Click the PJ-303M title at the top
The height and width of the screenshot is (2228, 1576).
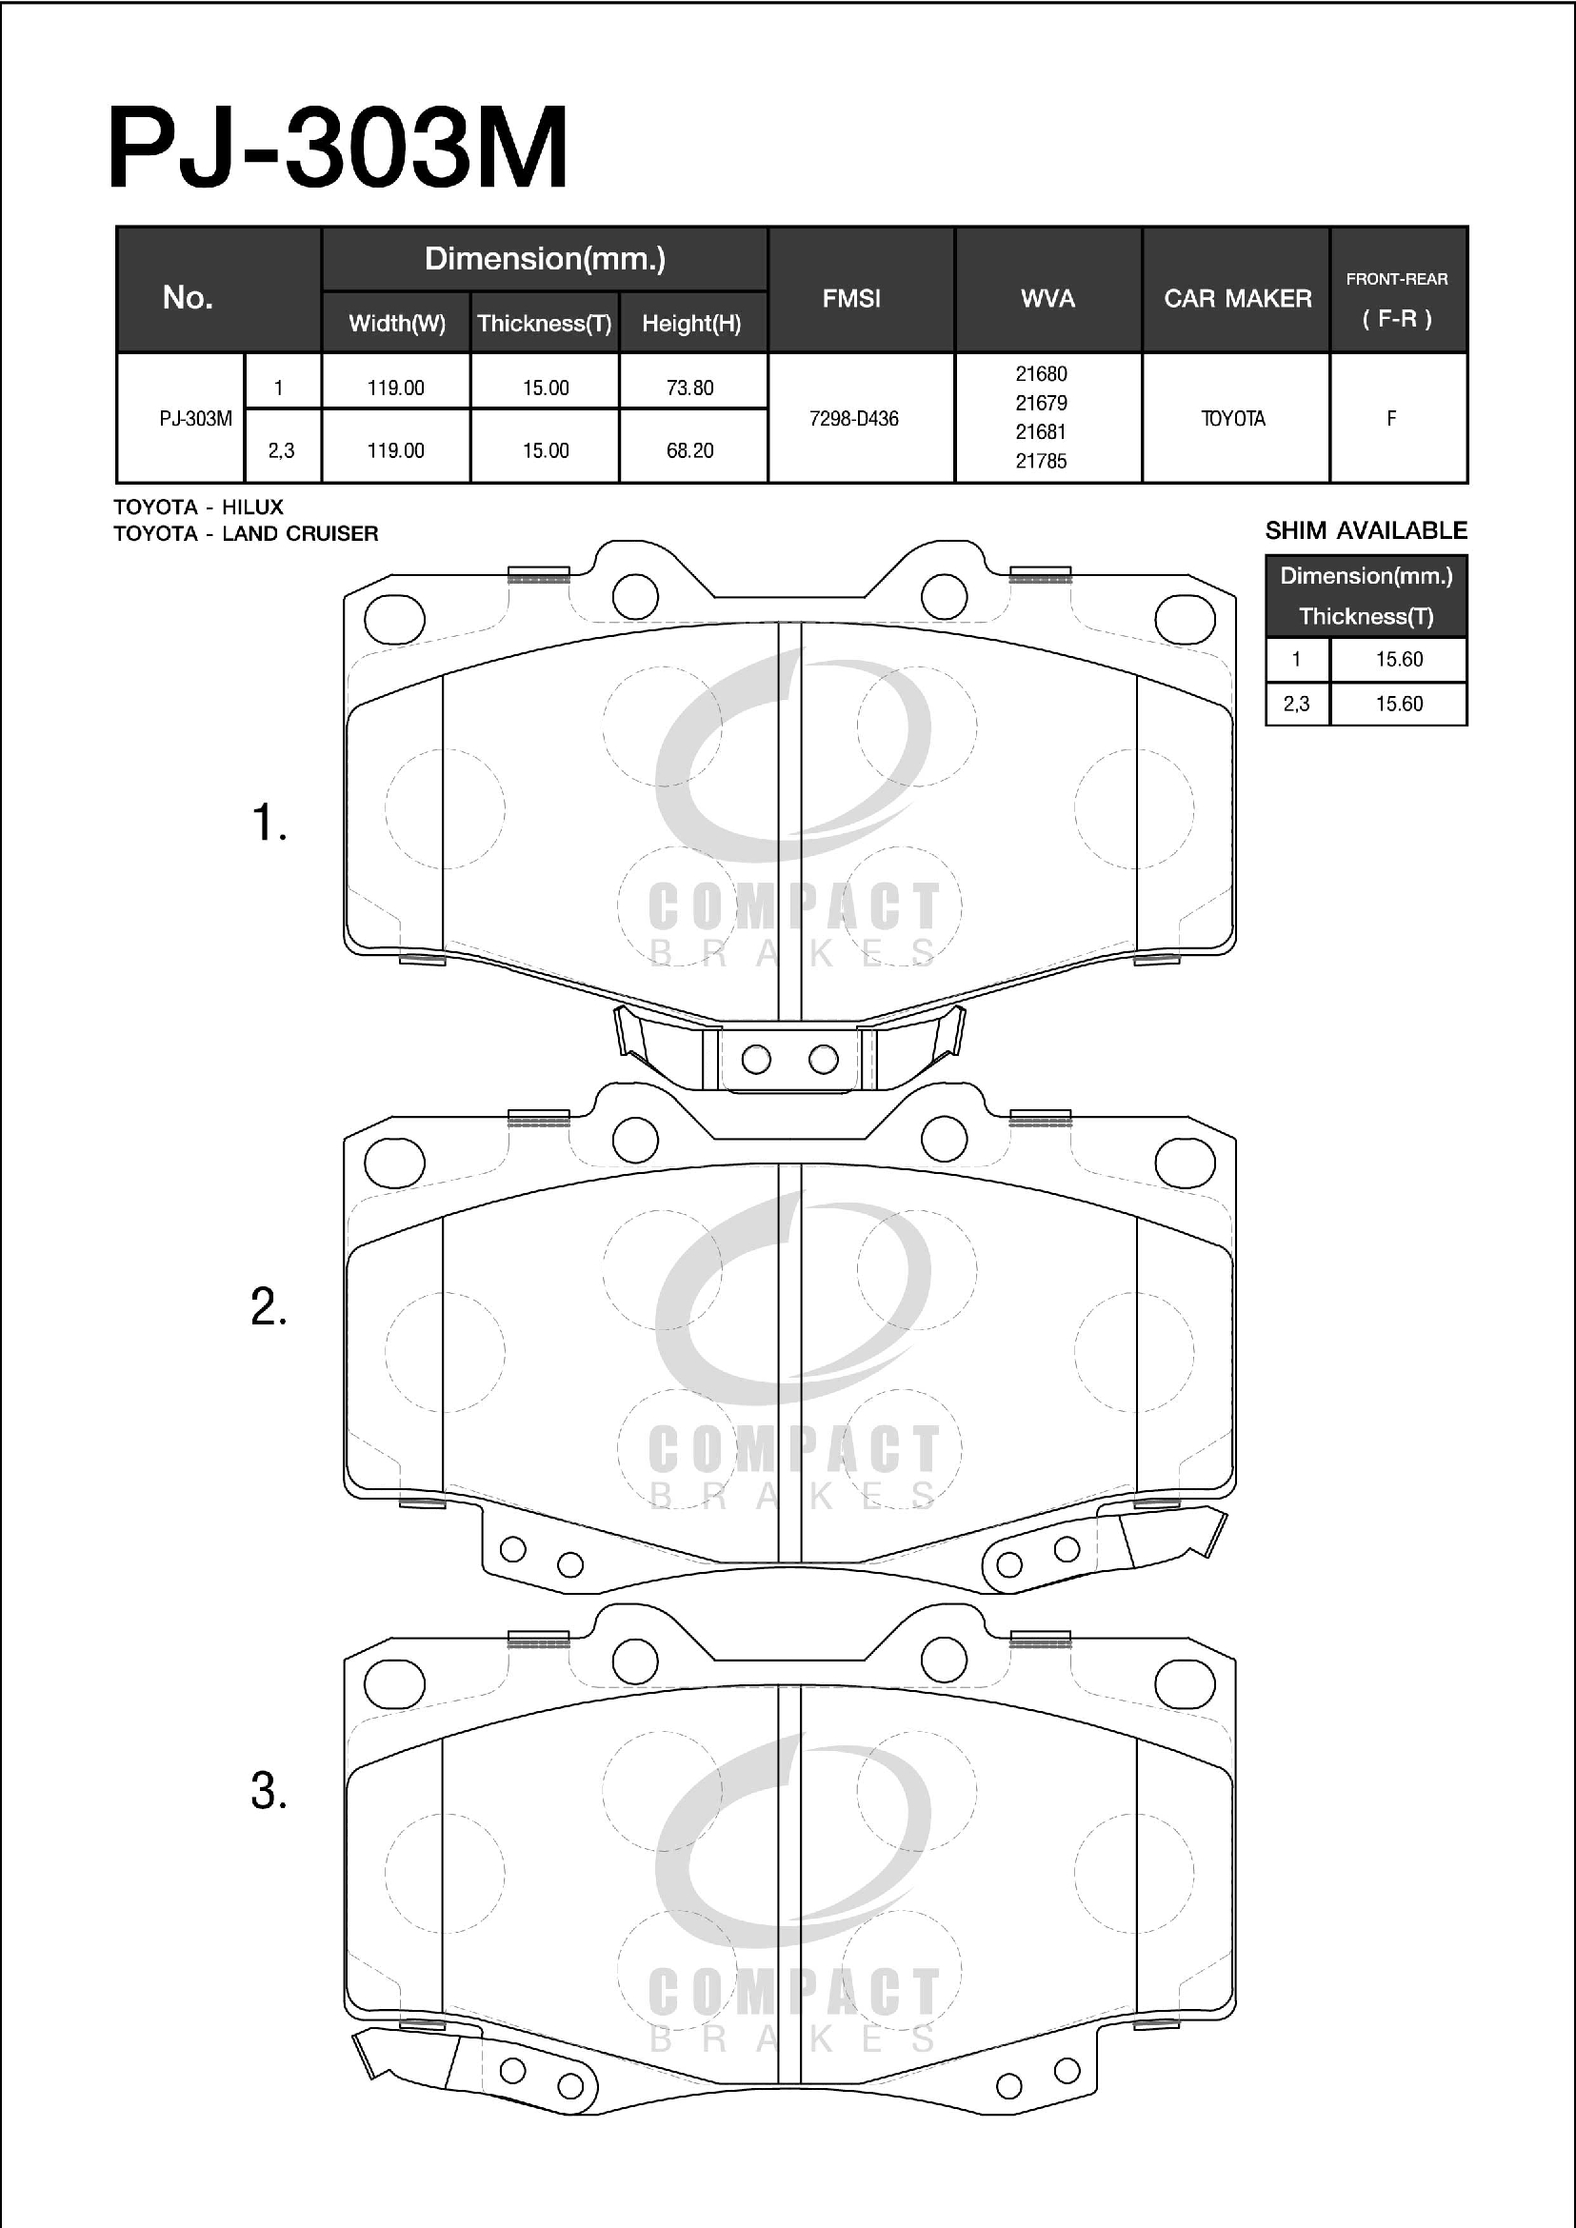pos(338,148)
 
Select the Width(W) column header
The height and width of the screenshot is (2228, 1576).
pos(397,323)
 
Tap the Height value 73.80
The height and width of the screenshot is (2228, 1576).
pos(690,388)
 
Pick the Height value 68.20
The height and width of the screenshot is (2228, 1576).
pos(690,450)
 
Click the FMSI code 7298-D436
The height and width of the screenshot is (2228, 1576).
pos(854,418)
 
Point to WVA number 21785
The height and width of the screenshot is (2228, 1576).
pos(1041,461)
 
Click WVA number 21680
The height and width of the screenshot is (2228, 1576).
pos(1041,373)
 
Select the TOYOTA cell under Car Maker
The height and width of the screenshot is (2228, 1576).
pos(1233,418)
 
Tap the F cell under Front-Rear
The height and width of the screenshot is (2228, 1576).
pos(1391,418)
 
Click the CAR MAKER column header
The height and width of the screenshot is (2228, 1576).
pos(1237,298)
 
